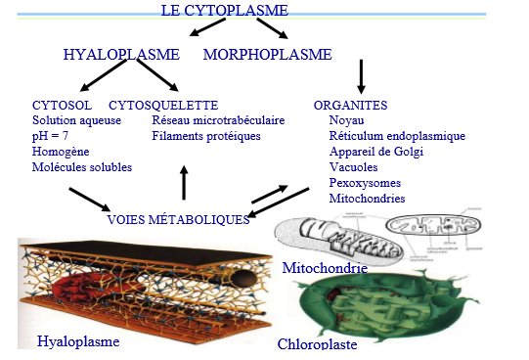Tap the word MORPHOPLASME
pos(267,55)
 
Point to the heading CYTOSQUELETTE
pos(162,104)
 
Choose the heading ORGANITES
pos(350,104)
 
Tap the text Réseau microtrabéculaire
pos(218,119)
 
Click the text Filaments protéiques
pos(205,135)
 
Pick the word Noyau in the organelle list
pos(347,119)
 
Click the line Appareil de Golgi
pos(379,151)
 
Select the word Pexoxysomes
pos(365,182)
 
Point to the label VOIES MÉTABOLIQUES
pos(178,219)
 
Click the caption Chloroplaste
pos(317,344)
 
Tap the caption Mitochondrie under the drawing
pos(324,267)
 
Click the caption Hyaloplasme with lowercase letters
pos(77,341)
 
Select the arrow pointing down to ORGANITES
pos(361,76)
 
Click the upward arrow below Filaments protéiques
pos(184,182)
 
